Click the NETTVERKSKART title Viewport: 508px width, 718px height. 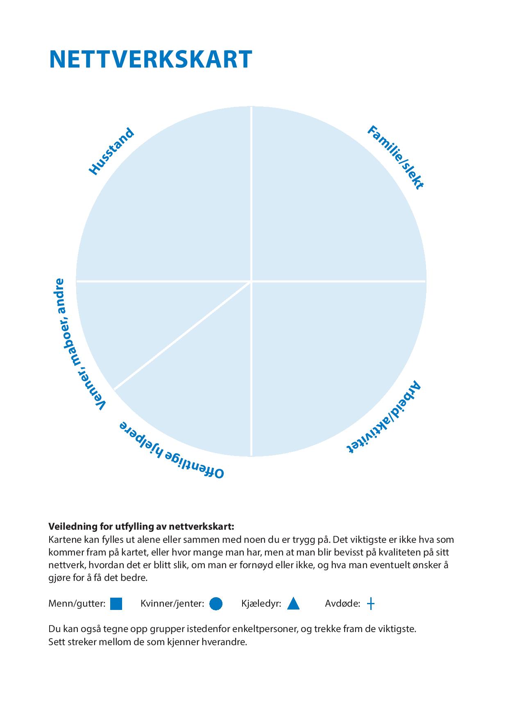click(x=150, y=60)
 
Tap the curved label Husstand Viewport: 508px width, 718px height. click(x=111, y=152)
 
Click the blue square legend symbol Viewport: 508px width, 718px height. click(x=116, y=604)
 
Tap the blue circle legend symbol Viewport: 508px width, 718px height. click(x=216, y=604)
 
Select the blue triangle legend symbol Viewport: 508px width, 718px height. click(x=293, y=604)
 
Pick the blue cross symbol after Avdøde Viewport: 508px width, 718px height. click(x=370, y=604)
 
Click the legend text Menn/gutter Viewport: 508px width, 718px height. click(x=77, y=604)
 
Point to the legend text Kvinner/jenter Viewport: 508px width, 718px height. click(x=172, y=604)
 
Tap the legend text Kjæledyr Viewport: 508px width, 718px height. click(x=261, y=604)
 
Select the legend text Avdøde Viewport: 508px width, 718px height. click(x=342, y=604)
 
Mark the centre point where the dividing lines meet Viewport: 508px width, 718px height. click(x=251, y=281)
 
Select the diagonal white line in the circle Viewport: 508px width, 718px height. click(x=182, y=335)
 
